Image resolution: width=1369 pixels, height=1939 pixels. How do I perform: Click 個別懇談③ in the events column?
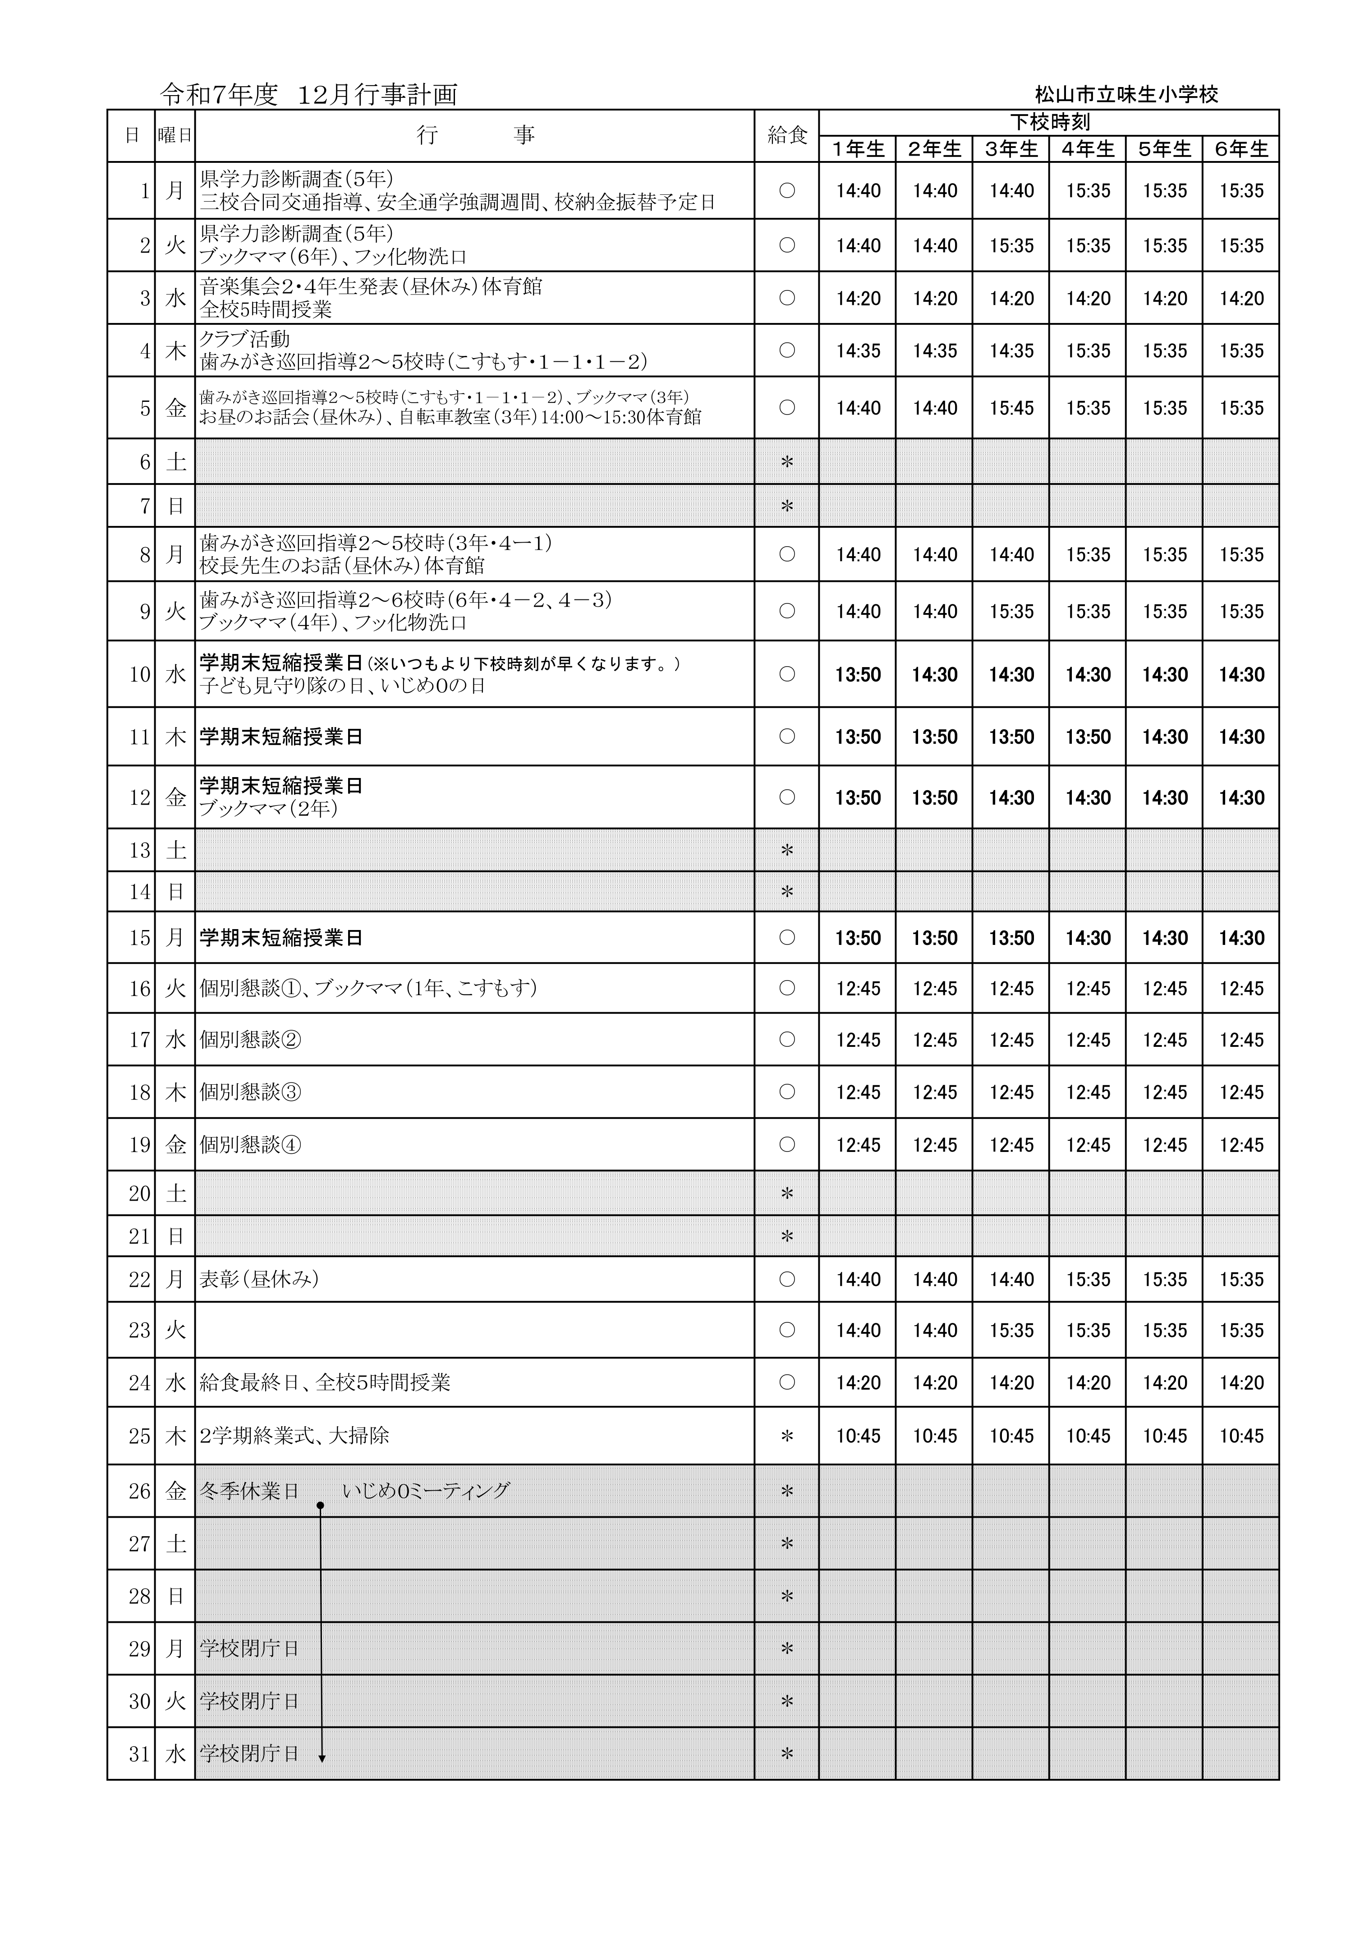[250, 1092]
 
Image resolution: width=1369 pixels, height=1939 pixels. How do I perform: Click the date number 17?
[139, 1040]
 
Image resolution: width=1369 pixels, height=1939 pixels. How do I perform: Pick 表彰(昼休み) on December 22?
[258, 1280]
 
